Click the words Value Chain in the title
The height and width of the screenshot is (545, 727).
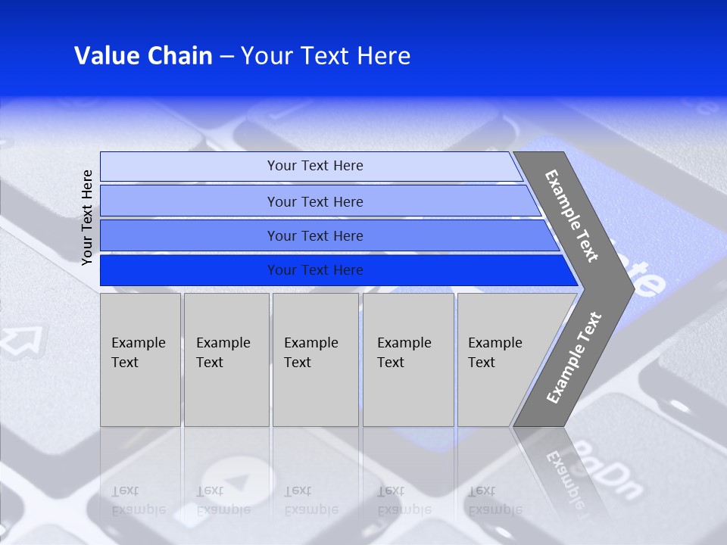pyautogui.click(x=143, y=56)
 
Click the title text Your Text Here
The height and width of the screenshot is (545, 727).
pyautogui.click(x=326, y=56)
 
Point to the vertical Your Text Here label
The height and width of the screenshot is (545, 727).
pyautogui.click(x=88, y=217)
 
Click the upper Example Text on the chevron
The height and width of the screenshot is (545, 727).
pyautogui.click(x=572, y=216)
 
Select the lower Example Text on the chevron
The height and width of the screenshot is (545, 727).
pyautogui.click(x=573, y=358)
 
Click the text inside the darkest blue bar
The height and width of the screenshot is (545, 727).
pyautogui.click(x=315, y=270)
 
